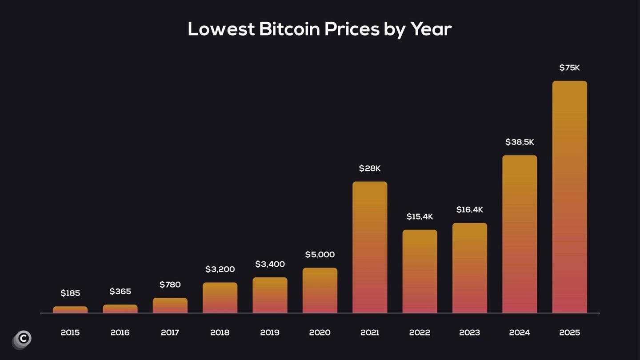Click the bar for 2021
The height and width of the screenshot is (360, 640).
pos(370,247)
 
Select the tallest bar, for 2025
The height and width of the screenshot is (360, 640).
pos(569,197)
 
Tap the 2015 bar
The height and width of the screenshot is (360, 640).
pos(70,309)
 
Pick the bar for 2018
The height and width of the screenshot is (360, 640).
pos(220,298)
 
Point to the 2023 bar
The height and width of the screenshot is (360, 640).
pos(470,268)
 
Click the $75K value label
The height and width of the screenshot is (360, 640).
pos(569,68)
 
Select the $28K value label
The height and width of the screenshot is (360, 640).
pos(370,169)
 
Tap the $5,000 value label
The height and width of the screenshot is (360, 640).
pos(320,255)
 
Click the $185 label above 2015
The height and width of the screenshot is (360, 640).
pos(70,293)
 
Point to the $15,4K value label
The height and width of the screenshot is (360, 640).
pos(420,217)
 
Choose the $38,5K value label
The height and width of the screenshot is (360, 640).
pos(520,142)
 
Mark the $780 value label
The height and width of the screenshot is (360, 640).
pos(170,284)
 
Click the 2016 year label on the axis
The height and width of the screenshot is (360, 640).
pos(120,332)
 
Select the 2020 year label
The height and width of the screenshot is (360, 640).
pos(320,332)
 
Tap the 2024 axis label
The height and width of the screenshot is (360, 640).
pos(520,332)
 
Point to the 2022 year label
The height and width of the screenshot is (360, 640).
pos(420,332)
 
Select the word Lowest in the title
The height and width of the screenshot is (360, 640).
pos(221,29)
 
